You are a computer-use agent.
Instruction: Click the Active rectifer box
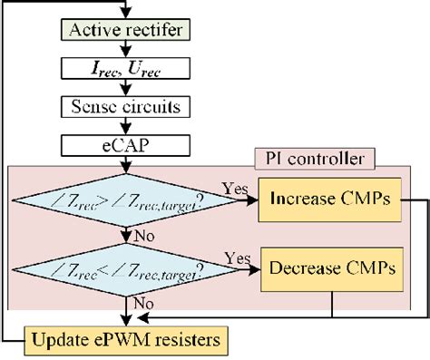click(124, 34)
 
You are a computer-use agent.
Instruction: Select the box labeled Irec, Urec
click(124, 69)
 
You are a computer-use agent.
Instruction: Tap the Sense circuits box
click(124, 106)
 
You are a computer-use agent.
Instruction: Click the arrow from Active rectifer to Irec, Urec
click(124, 51)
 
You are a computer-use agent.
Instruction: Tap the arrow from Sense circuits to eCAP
click(124, 125)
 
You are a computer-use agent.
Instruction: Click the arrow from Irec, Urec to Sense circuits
click(124, 88)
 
